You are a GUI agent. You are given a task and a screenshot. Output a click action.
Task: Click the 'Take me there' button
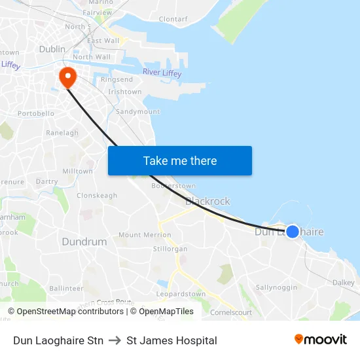(x=179, y=161)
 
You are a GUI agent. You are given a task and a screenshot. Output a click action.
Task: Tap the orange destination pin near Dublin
(x=67, y=77)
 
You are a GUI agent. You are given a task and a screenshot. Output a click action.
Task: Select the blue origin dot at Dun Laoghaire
(x=293, y=232)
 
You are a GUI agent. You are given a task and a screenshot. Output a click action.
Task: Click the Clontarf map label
(x=173, y=20)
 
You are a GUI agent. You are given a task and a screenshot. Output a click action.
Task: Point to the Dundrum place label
(x=84, y=242)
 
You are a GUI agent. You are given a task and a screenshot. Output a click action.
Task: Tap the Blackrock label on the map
(x=207, y=202)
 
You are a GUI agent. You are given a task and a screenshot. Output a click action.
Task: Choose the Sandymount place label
(x=137, y=112)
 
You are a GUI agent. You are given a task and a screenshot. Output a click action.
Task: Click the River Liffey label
(x=162, y=72)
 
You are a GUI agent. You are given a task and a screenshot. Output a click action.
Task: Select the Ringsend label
(x=117, y=80)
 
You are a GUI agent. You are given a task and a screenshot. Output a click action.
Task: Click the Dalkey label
(x=343, y=283)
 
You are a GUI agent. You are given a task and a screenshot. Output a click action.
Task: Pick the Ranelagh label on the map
(x=62, y=133)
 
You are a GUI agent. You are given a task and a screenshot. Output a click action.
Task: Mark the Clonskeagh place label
(x=97, y=196)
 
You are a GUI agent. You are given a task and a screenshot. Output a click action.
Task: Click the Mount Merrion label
(x=145, y=235)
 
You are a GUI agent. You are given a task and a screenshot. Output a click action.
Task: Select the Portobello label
(x=36, y=113)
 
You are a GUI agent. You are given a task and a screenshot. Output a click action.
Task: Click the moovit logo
(x=321, y=340)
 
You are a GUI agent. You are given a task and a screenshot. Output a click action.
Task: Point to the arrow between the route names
(x=115, y=340)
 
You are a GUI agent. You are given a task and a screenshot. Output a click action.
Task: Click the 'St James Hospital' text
(x=171, y=340)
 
